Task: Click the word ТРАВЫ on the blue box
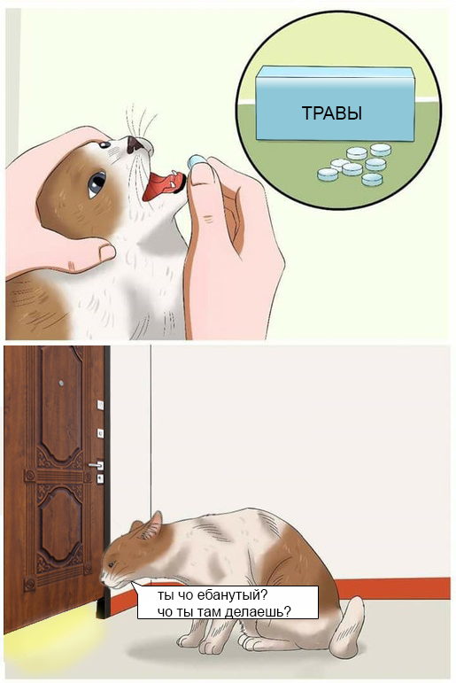[332, 113]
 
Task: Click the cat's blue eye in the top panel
[97, 184]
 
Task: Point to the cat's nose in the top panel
[134, 144]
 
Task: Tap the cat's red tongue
[161, 186]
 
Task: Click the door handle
[96, 465]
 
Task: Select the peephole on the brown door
[61, 384]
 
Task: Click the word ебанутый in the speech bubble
[231, 595]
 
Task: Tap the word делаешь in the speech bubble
[257, 611]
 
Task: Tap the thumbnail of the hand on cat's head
[107, 252]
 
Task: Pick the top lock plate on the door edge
[100, 405]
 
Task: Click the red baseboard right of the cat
[393, 588]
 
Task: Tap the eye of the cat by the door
[111, 565]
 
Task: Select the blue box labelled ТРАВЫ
[334, 104]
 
